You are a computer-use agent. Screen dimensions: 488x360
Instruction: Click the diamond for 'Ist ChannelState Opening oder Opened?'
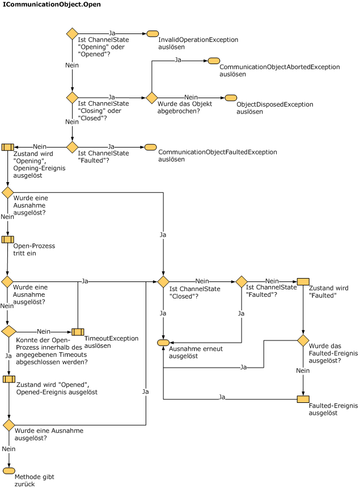point(73,33)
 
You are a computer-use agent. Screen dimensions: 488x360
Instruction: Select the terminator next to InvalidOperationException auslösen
point(152,33)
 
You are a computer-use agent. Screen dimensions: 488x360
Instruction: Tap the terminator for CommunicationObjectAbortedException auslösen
point(213,61)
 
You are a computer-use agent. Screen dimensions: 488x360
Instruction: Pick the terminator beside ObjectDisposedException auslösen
point(230,98)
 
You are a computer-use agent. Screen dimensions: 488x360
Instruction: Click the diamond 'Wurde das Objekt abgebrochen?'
point(151,98)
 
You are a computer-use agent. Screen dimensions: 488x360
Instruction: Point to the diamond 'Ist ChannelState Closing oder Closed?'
point(73,98)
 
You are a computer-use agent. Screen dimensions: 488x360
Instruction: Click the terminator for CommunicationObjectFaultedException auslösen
point(150,147)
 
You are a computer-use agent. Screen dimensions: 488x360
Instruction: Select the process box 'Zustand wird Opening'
point(7,147)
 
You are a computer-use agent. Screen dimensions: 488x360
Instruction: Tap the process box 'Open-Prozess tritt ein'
point(7,239)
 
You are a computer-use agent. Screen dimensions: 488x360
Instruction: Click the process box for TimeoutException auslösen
point(78,331)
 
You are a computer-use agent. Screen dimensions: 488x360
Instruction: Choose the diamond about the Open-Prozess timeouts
point(8,331)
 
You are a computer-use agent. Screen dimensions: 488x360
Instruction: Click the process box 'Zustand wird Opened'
point(8,379)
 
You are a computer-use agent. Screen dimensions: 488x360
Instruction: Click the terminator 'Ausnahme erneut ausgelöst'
point(163,343)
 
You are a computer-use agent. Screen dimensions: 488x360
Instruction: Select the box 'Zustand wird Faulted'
point(303,281)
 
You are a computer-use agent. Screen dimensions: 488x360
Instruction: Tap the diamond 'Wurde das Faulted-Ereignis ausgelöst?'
point(303,340)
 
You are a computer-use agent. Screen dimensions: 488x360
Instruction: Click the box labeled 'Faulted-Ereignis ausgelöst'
point(303,399)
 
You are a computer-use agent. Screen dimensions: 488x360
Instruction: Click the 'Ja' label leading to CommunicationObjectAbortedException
point(178,60)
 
